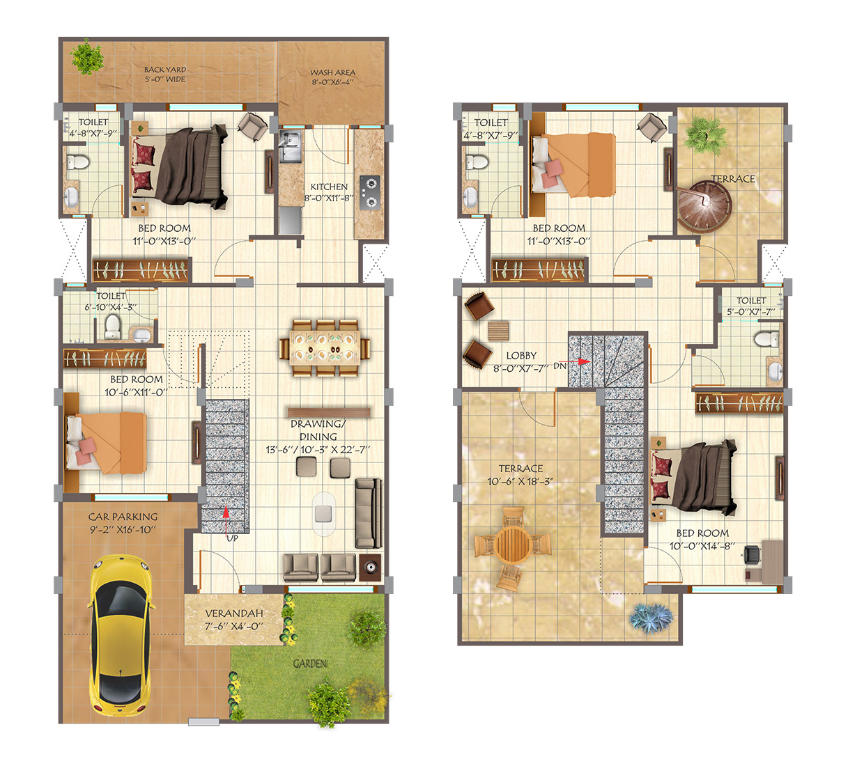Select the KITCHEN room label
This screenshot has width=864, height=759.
pos(329,187)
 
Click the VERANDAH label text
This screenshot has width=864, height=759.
pos(234,613)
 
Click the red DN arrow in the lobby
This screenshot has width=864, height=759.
pos(582,362)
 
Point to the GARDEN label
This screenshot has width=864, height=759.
pos(310,664)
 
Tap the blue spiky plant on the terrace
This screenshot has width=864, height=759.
pos(651,617)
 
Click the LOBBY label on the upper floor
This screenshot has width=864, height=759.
pos(521,355)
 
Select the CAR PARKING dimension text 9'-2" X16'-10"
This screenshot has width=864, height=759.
pos(123,530)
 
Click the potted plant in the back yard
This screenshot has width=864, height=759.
pos(88,57)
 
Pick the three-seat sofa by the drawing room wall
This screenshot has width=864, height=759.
pos(368,513)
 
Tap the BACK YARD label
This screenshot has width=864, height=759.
pos(165,70)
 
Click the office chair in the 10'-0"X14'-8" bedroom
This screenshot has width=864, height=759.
pos(752,554)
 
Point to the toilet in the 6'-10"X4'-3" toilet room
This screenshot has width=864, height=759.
pos(113,326)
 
